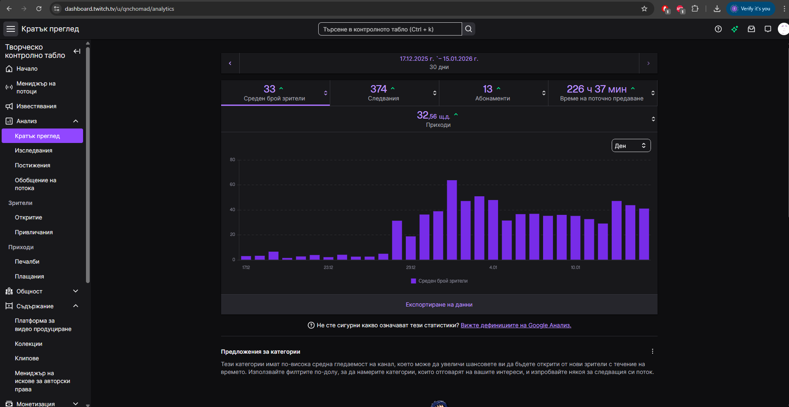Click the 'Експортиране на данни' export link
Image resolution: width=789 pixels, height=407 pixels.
click(x=439, y=305)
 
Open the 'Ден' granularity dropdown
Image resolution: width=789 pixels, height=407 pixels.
click(x=631, y=145)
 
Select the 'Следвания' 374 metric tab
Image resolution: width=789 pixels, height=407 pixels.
click(x=384, y=93)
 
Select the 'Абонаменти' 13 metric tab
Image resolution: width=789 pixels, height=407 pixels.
click(x=493, y=93)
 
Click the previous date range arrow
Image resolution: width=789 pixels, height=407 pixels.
click(x=230, y=63)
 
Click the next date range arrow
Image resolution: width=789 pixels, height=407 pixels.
click(x=648, y=63)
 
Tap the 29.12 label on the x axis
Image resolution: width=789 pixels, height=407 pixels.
click(x=410, y=267)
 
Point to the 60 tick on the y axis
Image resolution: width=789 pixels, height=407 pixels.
click(x=232, y=185)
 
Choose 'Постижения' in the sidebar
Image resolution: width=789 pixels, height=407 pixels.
click(x=33, y=165)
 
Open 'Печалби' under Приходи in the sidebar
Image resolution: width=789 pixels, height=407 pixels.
click(x=27, y=262)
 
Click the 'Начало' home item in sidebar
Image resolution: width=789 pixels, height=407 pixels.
click(x=27, y=69)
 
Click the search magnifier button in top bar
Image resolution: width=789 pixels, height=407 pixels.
click(x=468, y=29)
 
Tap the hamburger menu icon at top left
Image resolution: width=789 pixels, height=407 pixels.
click(x=11, y=29)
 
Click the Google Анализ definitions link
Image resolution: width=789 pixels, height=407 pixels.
click(x=516, y=325)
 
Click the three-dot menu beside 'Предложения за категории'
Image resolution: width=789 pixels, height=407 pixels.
click(x=653, y=351)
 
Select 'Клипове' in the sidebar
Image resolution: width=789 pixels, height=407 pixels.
click(x=27, y=358)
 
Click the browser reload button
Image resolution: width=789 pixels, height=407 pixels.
click(x=39, y=9)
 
